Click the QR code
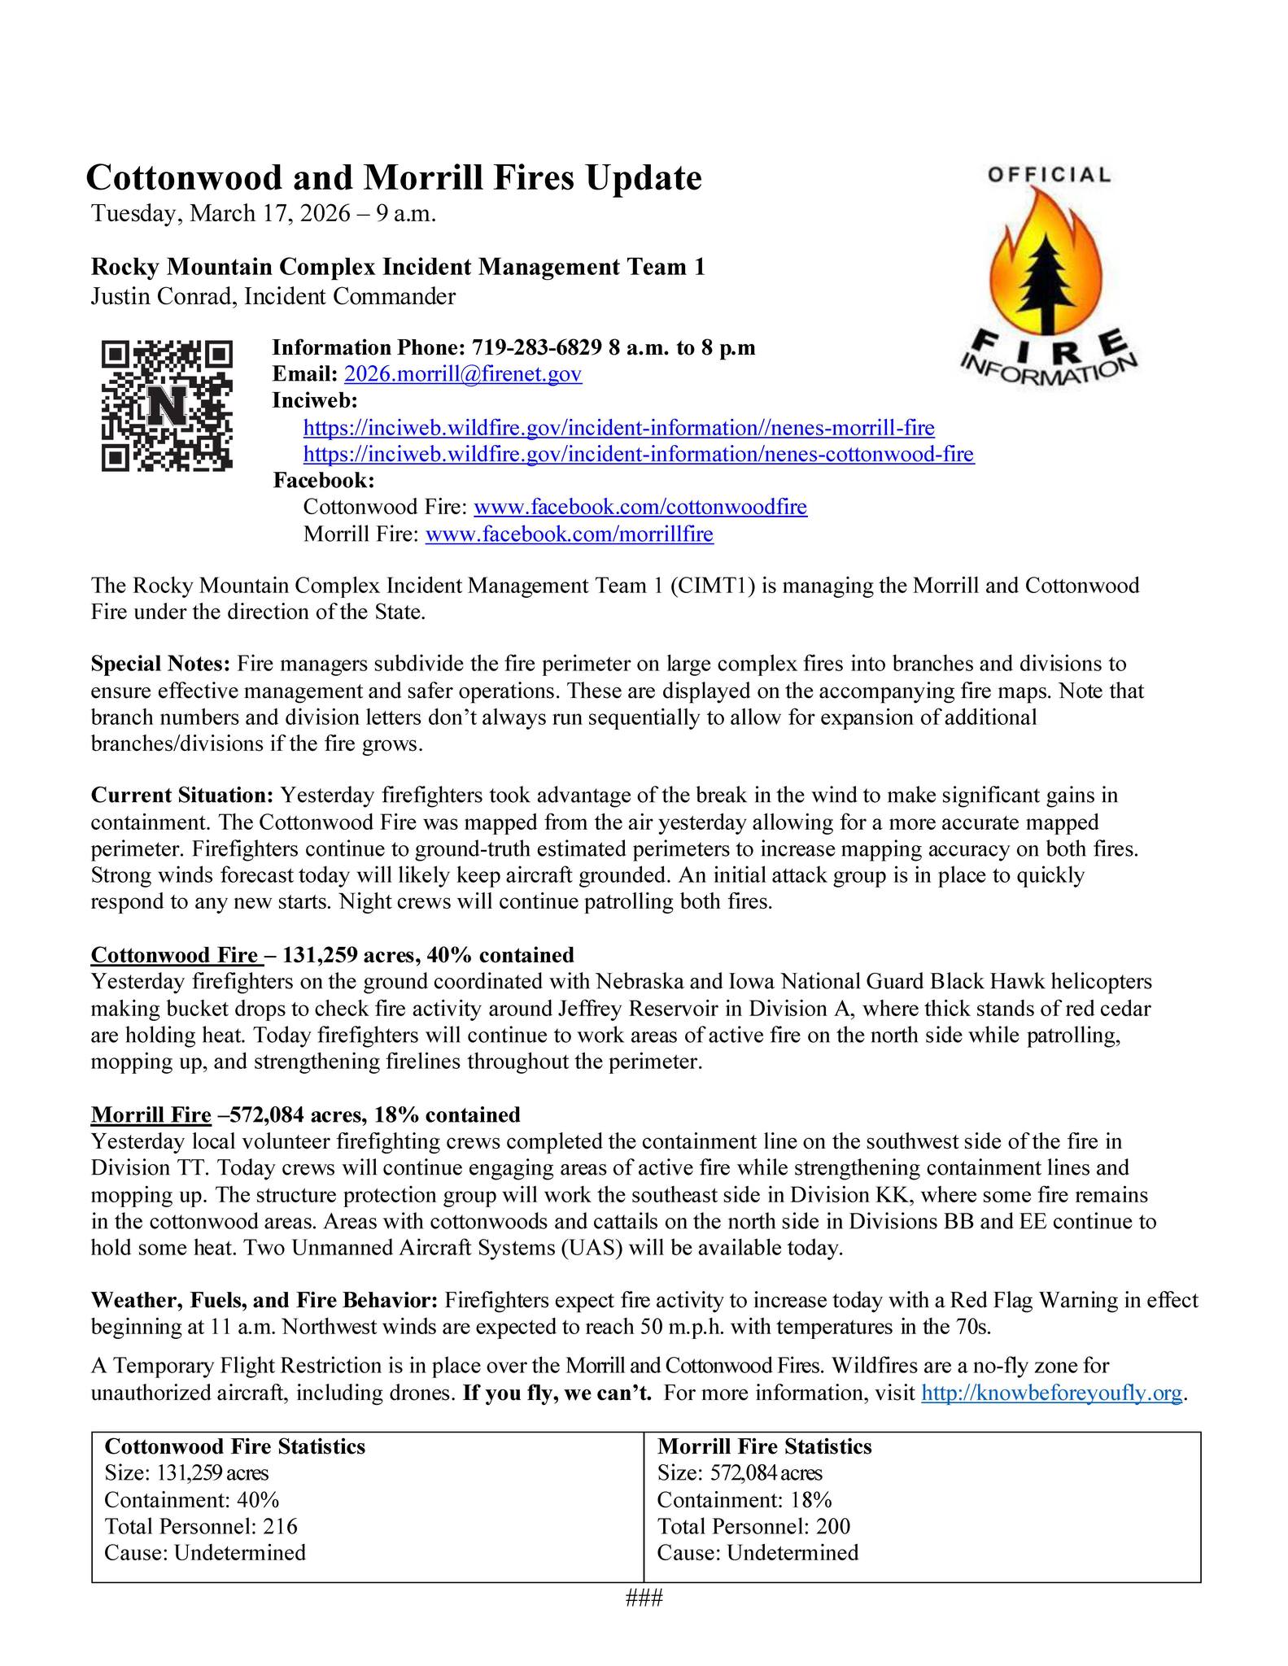pyautogui.click(x=167, y=405)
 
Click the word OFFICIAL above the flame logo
pyautogui.click(x=1049, y=174)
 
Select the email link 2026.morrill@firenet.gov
pyautogui.click(x=463, y=374)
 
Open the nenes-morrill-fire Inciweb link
pyautogui.click(x=618, y=428)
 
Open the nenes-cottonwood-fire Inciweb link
pyautogui.click(x=638, y=454)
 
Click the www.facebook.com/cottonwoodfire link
pyautogui.click(x=640, y=508)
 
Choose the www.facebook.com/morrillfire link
pyautogui.click(x=569, y=534)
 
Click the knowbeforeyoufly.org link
pyautogui.click(x=1050, y=1393)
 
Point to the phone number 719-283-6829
pyautogui.click(x=536, y=348)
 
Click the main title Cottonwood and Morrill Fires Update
pyautogui.click(x=394, y=177)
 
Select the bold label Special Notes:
pyautogui.click(x=161, y=665)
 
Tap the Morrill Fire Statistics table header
pyautogui.click(x=764, y=1447)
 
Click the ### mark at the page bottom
pyautogui.click(x=644, y=1598)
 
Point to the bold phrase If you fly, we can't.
pyautogui.click(x=557, y=1393)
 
